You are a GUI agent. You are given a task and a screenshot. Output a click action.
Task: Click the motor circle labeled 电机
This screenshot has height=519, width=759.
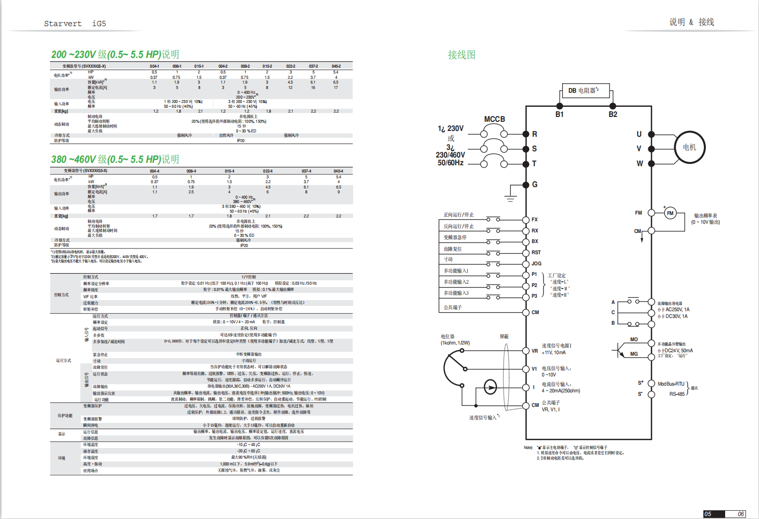pos(689,147)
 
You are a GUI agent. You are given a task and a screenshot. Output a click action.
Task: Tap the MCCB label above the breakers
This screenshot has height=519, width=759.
pos(494,119)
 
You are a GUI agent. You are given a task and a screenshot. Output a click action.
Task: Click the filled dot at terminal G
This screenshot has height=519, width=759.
pos(526,185)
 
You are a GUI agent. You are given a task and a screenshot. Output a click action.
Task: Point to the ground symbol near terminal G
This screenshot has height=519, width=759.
pos(510,198)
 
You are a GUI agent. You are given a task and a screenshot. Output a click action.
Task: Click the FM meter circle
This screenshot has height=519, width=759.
pos(670,213)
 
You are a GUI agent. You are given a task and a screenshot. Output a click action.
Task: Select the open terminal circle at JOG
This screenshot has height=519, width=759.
pos(526,264)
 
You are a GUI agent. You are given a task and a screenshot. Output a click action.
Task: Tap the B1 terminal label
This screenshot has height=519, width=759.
pos(559,115)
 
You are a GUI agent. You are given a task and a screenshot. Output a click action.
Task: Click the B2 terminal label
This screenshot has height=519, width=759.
pos(612,115)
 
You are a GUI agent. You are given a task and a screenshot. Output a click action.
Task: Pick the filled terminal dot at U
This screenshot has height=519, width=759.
pos(651,134)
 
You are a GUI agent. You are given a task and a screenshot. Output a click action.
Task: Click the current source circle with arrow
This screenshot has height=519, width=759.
pos(490,387)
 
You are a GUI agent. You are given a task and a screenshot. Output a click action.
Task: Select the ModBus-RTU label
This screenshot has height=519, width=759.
pos(671,384)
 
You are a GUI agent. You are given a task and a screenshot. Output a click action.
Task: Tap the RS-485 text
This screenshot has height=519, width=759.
pos(677,394)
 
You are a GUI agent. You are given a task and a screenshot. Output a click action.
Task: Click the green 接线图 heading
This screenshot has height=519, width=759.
pos(461,55)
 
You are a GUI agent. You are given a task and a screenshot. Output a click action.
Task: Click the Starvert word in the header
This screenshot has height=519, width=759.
pos(63,24)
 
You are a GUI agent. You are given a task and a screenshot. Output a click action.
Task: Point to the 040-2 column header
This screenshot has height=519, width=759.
pos(336,66)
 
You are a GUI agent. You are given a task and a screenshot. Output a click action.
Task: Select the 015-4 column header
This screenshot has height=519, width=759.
pos(229,171)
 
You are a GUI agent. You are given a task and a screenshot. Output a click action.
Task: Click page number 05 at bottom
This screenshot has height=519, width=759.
pos(708,514)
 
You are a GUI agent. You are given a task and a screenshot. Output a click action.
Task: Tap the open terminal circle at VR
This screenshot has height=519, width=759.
pos(526,351)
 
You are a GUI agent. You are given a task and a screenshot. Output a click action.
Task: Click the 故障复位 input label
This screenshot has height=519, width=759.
pos(453,249)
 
